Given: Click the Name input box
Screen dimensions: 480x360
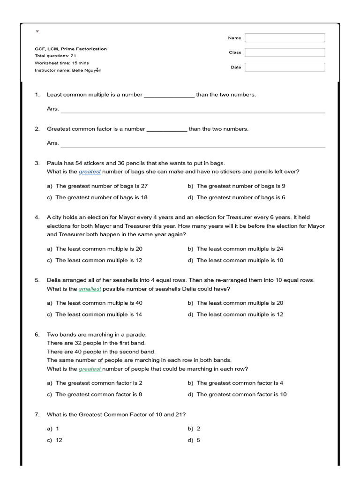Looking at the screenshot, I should coord(285,37).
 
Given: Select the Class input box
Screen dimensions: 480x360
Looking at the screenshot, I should coord(285,52).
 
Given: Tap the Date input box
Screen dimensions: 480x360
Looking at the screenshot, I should coord(285,67).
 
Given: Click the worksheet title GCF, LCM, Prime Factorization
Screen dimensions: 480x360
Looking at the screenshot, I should coord(70,49).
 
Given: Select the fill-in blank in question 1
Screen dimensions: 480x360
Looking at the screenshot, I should coord(169,95).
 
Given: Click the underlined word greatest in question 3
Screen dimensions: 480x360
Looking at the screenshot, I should coord(90,172).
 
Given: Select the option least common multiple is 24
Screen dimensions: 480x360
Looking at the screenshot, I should coord(240,249).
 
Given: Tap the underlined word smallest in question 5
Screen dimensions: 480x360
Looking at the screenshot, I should coord(90,289).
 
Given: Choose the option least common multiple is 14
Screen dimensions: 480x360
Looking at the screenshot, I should coord(98,315).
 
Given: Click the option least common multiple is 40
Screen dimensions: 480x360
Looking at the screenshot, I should coord(98,303).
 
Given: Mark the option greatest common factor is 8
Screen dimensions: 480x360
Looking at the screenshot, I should coord(98,394).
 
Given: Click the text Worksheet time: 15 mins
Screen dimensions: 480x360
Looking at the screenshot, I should coord(61,63).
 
